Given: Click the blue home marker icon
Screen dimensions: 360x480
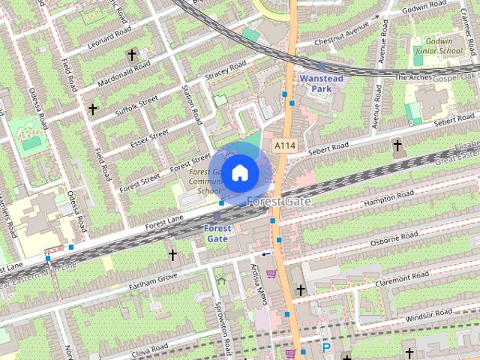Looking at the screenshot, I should click(x=239, y=173).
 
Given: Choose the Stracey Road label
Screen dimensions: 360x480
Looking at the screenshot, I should click(x=226, y=72).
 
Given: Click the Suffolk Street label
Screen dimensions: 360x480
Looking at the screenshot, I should click(x=136, y=106).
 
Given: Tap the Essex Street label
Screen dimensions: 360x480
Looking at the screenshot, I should click(x=149, y=139).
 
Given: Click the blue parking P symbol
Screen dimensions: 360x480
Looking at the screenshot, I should click(x=325, y=347).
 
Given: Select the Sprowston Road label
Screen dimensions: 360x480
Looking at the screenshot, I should click(x=224, y=330).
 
